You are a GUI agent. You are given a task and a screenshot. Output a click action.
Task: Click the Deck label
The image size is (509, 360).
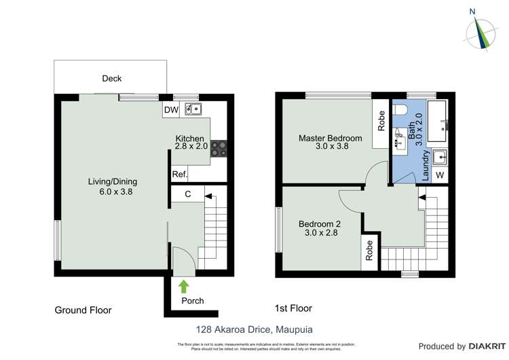coord(112,79)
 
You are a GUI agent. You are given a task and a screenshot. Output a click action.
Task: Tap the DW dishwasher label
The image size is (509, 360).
coord(170,110)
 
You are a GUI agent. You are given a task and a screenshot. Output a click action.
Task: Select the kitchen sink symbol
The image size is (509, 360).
coord(193,108)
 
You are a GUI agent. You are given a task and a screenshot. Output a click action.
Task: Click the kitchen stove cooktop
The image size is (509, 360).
coord(219,149)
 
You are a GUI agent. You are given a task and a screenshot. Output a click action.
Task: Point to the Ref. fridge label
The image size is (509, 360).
coord(179,175)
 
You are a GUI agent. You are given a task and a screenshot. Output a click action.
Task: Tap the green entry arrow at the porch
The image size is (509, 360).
coord(183,286)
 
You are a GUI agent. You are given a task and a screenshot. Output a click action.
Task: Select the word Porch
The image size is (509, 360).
coord(192,301)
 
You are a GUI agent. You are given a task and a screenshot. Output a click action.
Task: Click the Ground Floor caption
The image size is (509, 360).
coord(83,310)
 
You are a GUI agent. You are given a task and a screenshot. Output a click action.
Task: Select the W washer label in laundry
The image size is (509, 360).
coord(439,175)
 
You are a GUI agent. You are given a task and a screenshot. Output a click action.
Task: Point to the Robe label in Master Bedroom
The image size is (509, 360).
coord(381,121)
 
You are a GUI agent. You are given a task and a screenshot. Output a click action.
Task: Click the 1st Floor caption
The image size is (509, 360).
coord(294,308)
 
